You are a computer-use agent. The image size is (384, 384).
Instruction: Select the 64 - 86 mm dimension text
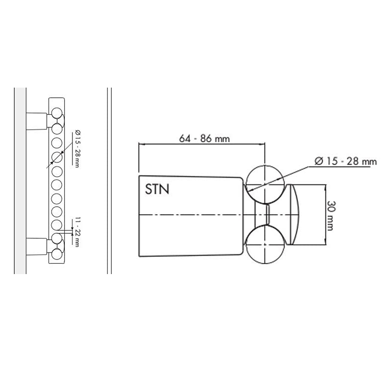(x=204, y=139)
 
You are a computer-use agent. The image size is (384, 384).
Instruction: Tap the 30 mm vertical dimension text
(x=331, y=215)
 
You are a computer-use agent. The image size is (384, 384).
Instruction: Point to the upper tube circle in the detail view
(x=265, y=184)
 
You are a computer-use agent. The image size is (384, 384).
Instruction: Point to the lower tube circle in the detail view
(x=265, y=246)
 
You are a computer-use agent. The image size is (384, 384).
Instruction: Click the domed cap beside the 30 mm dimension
(x=293, y=215)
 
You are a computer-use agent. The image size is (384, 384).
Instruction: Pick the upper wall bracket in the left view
(x=37, y=120)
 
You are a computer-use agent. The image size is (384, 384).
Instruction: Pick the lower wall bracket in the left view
(x=37, y=245)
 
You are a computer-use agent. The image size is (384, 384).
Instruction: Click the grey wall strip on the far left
(x=20, y=180)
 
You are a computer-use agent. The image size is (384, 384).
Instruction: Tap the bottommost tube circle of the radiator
(x=57, y=254)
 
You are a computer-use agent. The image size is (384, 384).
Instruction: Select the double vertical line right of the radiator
(x=109, y=180)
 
